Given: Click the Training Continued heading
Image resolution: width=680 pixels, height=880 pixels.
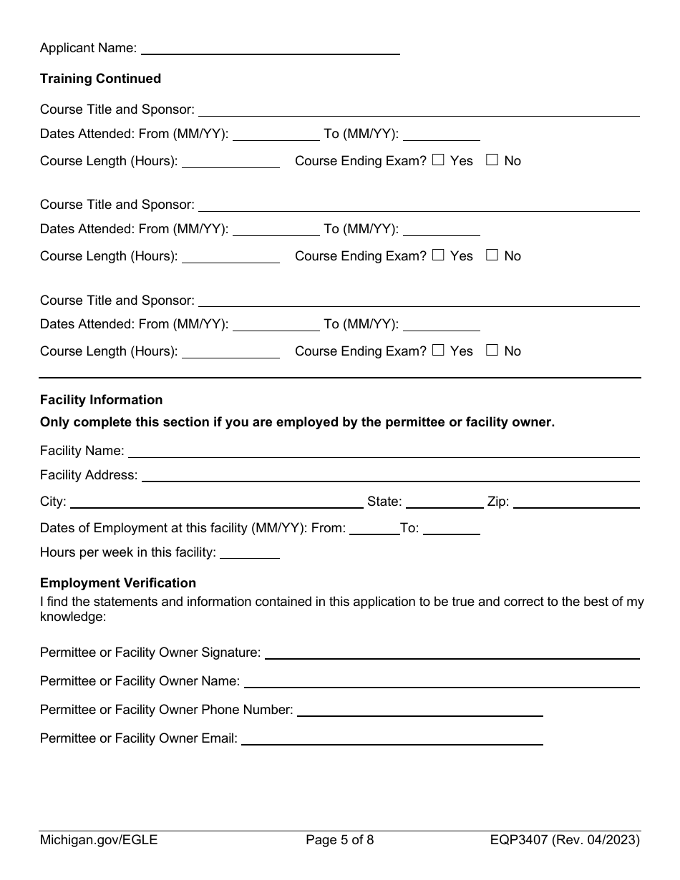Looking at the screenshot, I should coord(100,79).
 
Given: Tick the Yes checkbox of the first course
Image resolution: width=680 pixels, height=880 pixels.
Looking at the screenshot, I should coord(438,160).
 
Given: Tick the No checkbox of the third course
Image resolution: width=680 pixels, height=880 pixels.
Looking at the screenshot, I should coord(492,351).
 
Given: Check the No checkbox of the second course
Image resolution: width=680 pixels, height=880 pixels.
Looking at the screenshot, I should coord(492,255).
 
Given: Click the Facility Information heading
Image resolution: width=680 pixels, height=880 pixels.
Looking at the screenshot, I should coord(101,400).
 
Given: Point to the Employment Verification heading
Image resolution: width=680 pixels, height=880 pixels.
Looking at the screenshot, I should coord(118,583).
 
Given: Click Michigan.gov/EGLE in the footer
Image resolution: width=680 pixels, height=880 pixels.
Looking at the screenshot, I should coord(99,840).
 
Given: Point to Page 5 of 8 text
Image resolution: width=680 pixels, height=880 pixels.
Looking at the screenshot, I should coord(339,840).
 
